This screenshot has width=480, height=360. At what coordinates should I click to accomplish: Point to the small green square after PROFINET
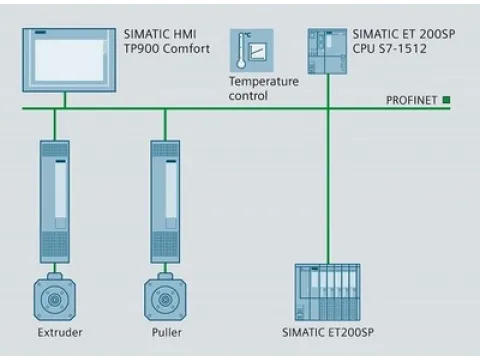point(447,100)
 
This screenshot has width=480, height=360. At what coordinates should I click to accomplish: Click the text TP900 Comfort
point(168,47)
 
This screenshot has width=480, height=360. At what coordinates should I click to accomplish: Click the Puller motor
point(165,296)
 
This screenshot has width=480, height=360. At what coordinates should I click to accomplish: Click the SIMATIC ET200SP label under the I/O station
point(329,333)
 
